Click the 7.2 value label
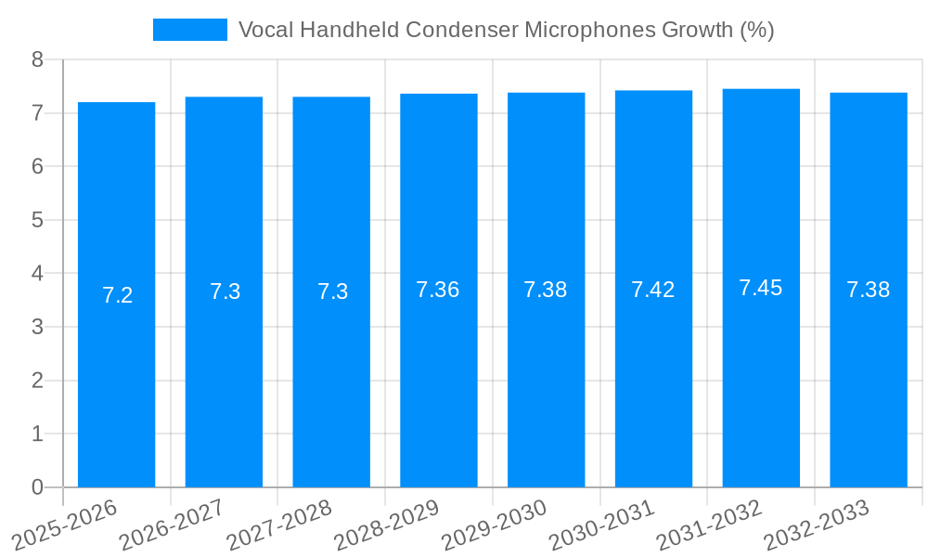click(118, 295)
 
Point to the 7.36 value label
click(438, 290)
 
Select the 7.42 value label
click(653, 290)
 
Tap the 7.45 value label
click(761, 288)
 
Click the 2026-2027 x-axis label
click(173, 525)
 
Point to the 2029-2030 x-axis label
click(495, 525)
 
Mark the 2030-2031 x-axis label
click(602, 525)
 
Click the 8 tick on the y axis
click(37, 59)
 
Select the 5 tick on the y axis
click(37, 220)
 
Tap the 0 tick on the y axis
click(37, 487)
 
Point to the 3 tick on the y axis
click(37, 327)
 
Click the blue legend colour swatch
click(189, 30)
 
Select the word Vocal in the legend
click(266, 30)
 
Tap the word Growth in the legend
click(696, 30)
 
